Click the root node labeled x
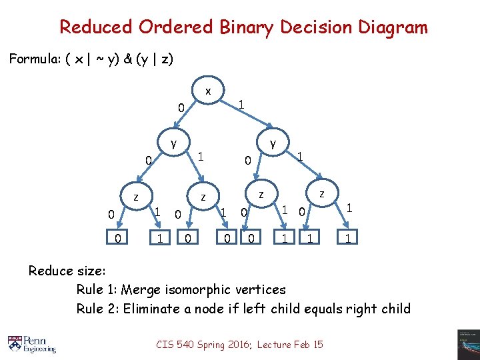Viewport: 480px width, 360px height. coord(208,90)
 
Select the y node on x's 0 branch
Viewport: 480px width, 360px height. coord(173,143)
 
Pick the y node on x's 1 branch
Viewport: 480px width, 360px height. coord(273,143)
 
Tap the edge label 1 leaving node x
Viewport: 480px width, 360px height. coord(241,104)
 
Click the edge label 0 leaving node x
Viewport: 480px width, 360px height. coord(180,108)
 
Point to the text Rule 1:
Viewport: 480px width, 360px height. coord(97,290)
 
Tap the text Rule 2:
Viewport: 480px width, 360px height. coord(97,309)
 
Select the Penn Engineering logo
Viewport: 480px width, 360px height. coord(32,343)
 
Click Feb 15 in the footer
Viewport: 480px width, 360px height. coord(309,344)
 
